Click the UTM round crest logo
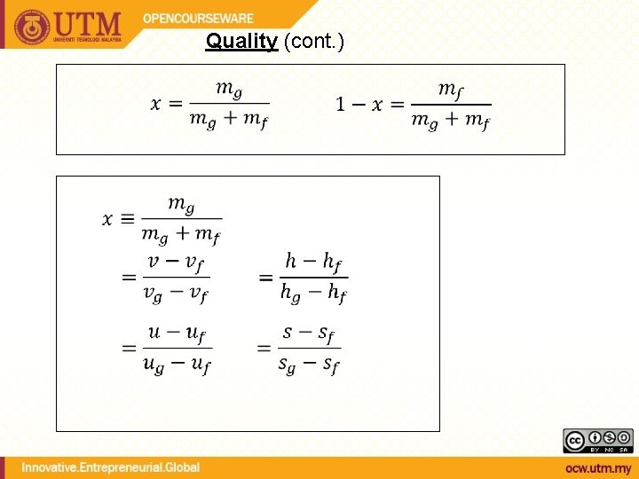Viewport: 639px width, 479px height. coord(32,27)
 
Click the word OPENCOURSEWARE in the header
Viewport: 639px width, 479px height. coord(198,19)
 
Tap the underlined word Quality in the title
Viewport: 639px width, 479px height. coord(241,41)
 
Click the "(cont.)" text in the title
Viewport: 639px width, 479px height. coord(313,41)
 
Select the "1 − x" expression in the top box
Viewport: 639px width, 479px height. coord(359,105)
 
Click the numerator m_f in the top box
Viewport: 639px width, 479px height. coord(451,90)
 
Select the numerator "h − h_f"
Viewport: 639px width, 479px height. coord(313,262)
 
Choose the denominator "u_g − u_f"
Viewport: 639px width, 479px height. coord(177,364)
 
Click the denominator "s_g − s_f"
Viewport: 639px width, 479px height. coord(308,364)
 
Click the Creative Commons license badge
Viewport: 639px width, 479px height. coord(598,441)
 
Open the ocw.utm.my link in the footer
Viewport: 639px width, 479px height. coord(599,467)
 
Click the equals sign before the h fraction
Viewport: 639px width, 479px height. coord(265,279)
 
